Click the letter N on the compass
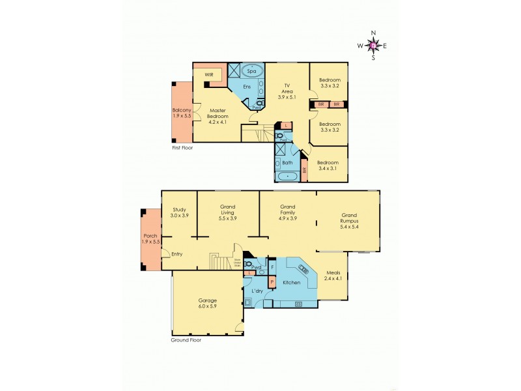pyautogui.click(x=373, y=33)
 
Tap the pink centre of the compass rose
pyautogui.click(x=373, y=46)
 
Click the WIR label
pyautogui.click(x=209, y=75)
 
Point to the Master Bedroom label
pyautogui.click(x=218, y=117)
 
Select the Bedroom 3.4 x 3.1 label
pyautogui.click(x=328, y=166)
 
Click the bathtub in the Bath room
pyautogui.click(x=287, y=176)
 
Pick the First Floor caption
pyautogui.click(x=182, y=148)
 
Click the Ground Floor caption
pyautogui.click(x=186, y=340)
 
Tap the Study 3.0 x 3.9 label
pyautogui.click(x=179, y=212)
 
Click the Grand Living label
pyautogui.click(x=227, y=212)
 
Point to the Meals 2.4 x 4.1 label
pyautogui.click(x=333, y=276)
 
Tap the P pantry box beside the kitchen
pyautogui.click(x=272, y=283)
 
